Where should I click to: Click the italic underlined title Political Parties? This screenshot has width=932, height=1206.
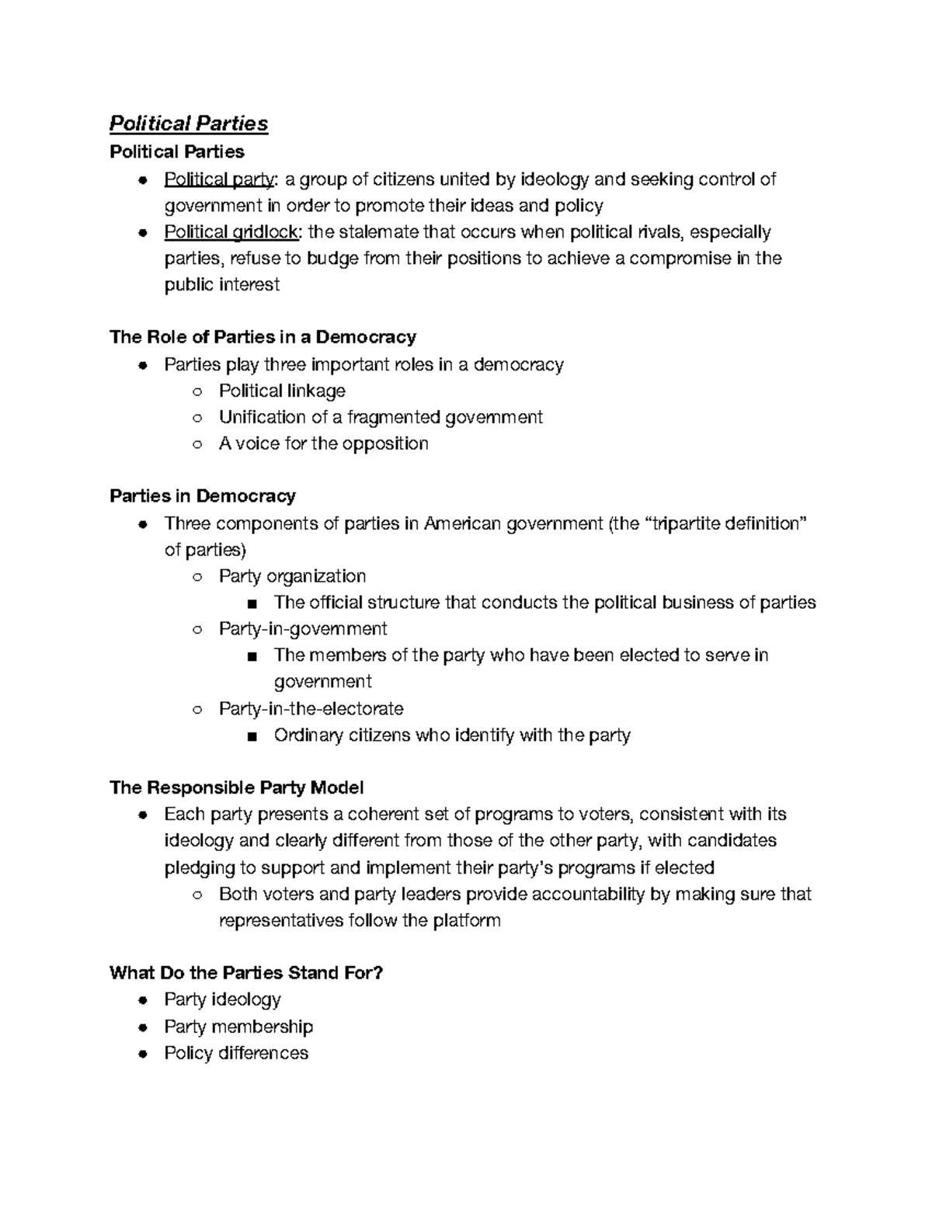(189, 123)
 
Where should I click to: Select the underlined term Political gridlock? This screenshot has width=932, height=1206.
(231, 232)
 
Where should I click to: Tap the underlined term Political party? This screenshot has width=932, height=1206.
(219, 179)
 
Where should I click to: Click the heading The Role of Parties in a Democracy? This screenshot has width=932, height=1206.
(263, 337)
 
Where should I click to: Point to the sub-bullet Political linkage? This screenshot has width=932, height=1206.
(282, 391)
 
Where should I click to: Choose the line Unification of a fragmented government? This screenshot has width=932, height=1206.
(381, 417)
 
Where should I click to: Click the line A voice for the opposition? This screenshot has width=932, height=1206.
(323, 443)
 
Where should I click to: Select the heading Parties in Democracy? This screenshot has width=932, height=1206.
(203, 496)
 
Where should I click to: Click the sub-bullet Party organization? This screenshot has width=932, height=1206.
(292, 576)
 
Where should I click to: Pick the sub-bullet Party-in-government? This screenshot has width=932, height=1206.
(303, 628)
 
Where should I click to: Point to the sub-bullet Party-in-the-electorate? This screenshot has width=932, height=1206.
(311, 708)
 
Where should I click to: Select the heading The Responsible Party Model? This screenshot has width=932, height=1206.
(237, 788)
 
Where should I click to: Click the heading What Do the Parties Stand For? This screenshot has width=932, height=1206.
(247, 973)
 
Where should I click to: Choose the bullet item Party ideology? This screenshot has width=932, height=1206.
(222, 999)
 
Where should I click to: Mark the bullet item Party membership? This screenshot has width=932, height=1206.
(238, 1027)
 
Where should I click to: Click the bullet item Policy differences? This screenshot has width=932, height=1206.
(236, 1053)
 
